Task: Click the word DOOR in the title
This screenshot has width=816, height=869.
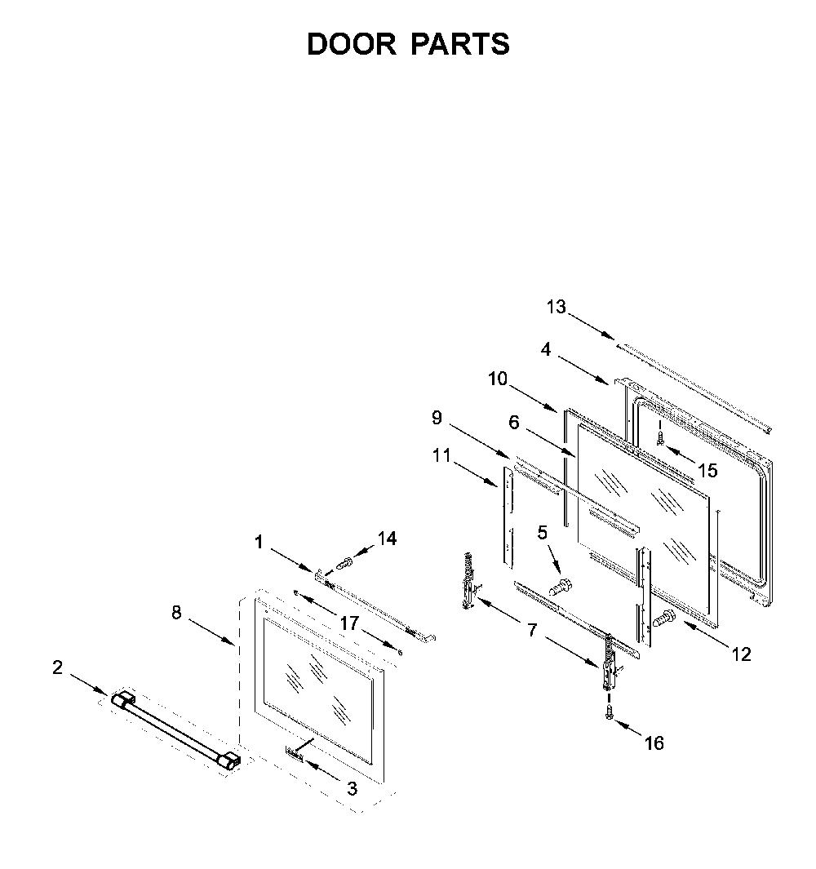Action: click(352, 44)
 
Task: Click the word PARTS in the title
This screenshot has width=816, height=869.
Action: click(459, 44)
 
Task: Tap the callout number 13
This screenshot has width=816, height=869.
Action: click(556, 307)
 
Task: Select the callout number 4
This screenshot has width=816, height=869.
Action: click(546, 350)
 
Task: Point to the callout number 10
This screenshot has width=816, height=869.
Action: click(498, 379)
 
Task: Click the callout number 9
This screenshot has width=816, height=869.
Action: click(437, 417)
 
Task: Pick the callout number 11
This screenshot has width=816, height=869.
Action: click(441, 455)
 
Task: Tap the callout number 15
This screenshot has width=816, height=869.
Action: click(708, 471)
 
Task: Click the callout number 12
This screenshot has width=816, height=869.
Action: click(741, 654)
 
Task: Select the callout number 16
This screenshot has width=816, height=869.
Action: click(654, 743)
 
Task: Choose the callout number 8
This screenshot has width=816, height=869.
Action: click(176, 613)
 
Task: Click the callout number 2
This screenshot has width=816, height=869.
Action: click(58, 667)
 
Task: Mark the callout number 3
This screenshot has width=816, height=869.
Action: click(352, 789)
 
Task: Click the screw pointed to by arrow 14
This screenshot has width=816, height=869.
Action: click(344, 564)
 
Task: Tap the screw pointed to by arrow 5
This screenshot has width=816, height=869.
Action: click(561, 585)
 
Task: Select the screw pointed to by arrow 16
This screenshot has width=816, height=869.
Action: click(610, 712)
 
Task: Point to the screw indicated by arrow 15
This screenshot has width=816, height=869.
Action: click(659, 438)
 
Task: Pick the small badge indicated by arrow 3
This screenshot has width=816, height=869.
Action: click(295, 753)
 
